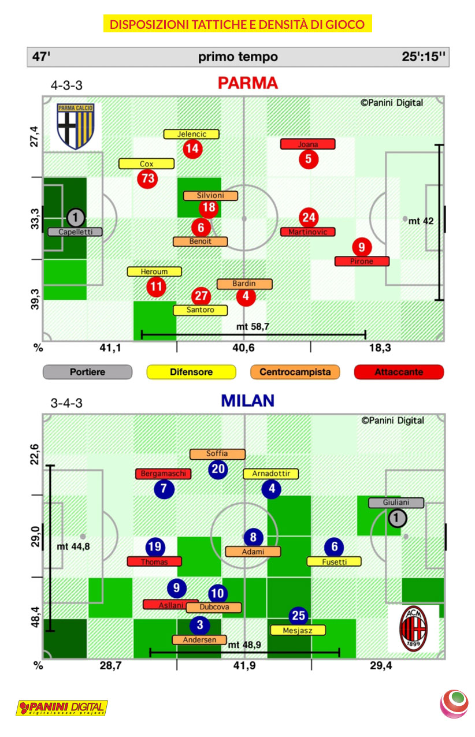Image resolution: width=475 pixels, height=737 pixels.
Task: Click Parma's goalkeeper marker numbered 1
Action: tap(76, 218)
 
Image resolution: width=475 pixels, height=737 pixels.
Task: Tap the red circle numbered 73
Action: tap(148, 178)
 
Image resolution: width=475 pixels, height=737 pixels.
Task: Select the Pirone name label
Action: tap(362, 261)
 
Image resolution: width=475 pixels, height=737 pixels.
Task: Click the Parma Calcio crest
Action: tap(75, 126)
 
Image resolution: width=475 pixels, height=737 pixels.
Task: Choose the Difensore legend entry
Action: tap(191, 372)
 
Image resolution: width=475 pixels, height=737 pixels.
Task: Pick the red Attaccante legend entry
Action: tap(399, 372)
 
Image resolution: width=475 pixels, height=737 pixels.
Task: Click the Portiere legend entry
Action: tap(87, 372)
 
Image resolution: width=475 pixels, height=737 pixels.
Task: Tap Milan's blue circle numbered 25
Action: tap(299, 616)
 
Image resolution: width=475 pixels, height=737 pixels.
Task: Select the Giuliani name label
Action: tap(396, 502)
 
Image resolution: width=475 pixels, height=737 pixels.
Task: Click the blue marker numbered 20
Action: tap(218, 468)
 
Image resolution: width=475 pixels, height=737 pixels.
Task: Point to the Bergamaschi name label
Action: tap(163, 474)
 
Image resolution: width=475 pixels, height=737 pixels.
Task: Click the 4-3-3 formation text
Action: tap(66, 85)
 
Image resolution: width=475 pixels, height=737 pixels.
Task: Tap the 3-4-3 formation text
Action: tap(66, 403)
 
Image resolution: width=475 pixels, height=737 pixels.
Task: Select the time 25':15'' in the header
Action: tap(424, 57)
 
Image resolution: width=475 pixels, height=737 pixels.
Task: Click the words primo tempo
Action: tap(237, 57)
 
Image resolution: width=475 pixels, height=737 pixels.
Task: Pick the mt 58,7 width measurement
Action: tap(253, 326)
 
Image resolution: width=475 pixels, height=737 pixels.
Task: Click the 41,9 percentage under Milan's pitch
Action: tap(244, 665)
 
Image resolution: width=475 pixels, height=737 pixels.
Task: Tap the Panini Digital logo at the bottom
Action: tap(62, 708)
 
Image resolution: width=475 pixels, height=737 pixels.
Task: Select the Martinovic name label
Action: tap(308, 232)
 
